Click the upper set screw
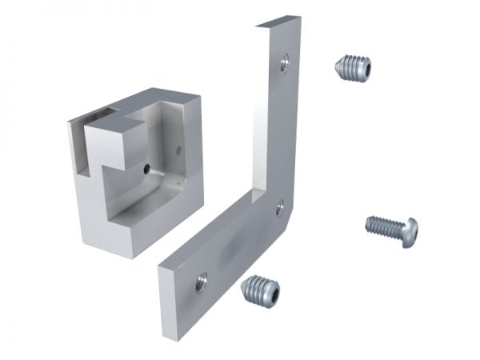click(x=352, y=67)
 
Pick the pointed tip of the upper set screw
click(x=336, y=64)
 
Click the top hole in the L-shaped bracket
click(x=284, y=63)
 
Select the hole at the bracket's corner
click(x=279, y=209)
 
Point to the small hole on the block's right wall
click(x=178, y=150)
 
